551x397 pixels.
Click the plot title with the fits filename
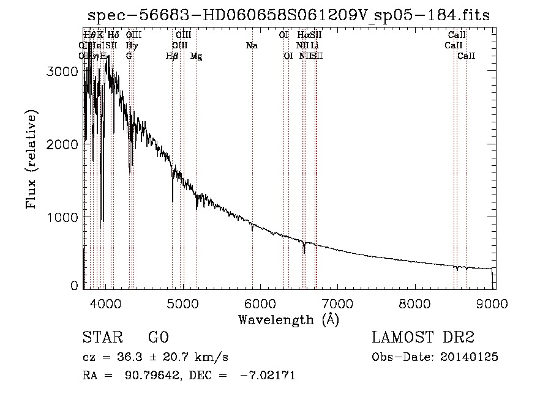pyautogui.click(x=288, y=15)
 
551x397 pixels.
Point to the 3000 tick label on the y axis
pyautogui.click(x=62, y=71)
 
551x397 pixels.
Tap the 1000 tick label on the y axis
pyautogui.click(x=62, y=217)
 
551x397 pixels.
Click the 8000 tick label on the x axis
pyautogui.click(x=416, y=302)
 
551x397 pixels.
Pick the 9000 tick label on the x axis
pyautogui.click(x=493, y=302)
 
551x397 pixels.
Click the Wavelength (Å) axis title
pyautogui.click(x=288, y=319)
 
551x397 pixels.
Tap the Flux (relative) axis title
pyautogui.click(x=31, y=159)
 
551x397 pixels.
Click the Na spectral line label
pyautogui.click(x=252, y=46)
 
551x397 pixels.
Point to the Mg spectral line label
pyautogui.click(x=197, y=56)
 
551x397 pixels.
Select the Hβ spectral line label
pyautogui.click(x=172, y=56)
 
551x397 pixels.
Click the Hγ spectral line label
pyautogui.click(x=131, y=46)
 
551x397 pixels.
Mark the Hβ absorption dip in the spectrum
pyautogui.click(x=173, y=199)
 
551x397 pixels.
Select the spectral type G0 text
pyautogui.click(x=158, y=338)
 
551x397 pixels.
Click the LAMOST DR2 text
pyautogui.click(x=422, y=338)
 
